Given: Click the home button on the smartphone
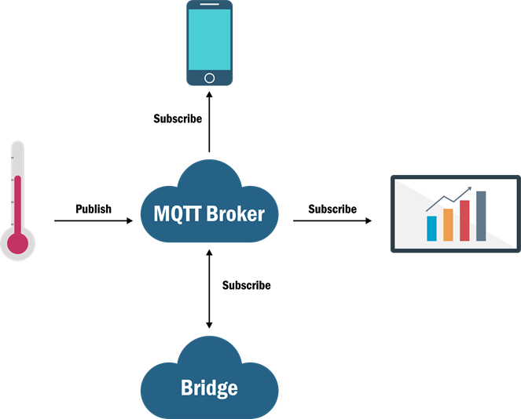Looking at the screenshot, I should [209, 78].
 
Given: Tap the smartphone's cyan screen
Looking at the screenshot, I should [209, 39].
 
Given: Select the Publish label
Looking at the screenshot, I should [94, 209].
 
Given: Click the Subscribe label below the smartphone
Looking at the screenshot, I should [178, 119].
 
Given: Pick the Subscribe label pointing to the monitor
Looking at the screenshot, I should [332, 209].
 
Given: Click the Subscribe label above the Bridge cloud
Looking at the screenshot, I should [247, 286].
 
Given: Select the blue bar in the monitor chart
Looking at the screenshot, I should [431, 228].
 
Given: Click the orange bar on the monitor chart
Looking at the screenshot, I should [448, 224].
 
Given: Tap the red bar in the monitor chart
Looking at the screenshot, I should [464, 220].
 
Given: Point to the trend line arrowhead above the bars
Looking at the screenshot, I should [469, 189].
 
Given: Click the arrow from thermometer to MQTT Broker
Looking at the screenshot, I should [94, 221].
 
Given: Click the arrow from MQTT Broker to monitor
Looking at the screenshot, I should [332, 221].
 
